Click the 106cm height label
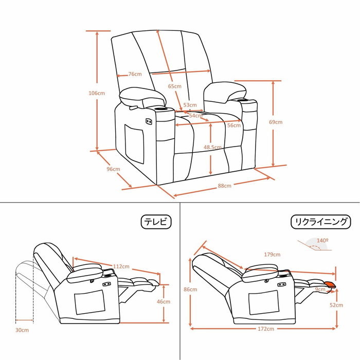coord(97,93)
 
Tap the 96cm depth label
coord(113,169)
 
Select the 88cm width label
coord(225,186)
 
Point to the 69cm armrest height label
coord(276,122)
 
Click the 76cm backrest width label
coord(135,74)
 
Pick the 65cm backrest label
coord(175,86)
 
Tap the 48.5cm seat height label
coord(212,147)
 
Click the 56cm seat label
coord(234,125)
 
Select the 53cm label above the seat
coord(190,105)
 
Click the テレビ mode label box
coord(156,222)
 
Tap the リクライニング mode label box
coord(321,222)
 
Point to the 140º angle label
coord(322,240)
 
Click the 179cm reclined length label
coord(272,255)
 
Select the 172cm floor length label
coord(266,329)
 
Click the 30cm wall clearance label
coord(22,330)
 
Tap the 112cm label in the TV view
coord(121,266)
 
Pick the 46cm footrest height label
coord(164,301)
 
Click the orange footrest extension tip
coord(330,284)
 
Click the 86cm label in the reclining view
coord(190,289)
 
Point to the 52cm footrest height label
coord(336,305)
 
